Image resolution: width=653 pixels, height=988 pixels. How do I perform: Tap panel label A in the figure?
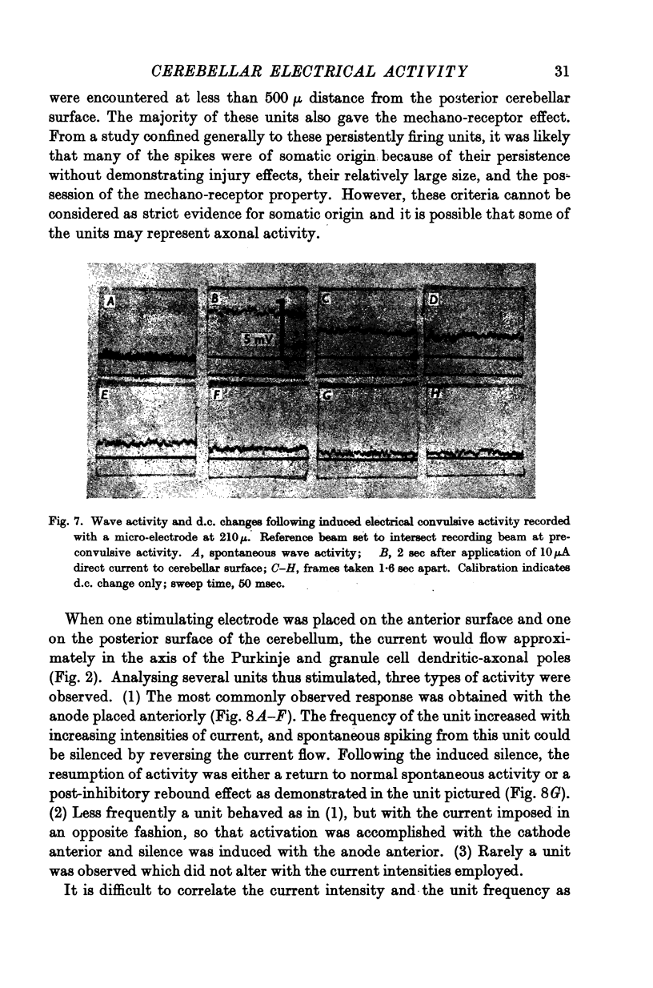[x=112, y=301]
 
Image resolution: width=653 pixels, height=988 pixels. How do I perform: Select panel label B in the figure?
[x=214, y=299]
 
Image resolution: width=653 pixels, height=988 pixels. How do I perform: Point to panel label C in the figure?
[x=326, y=299]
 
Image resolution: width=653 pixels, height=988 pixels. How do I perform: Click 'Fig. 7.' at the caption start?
[x=63, y=523]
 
